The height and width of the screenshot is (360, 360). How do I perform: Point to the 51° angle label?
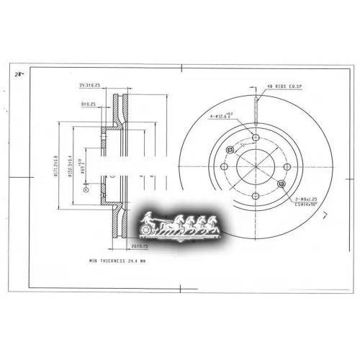[243, 145]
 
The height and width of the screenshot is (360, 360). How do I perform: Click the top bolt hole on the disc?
[256, 138]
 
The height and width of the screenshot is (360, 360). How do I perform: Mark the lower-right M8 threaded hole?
[281, 185]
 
